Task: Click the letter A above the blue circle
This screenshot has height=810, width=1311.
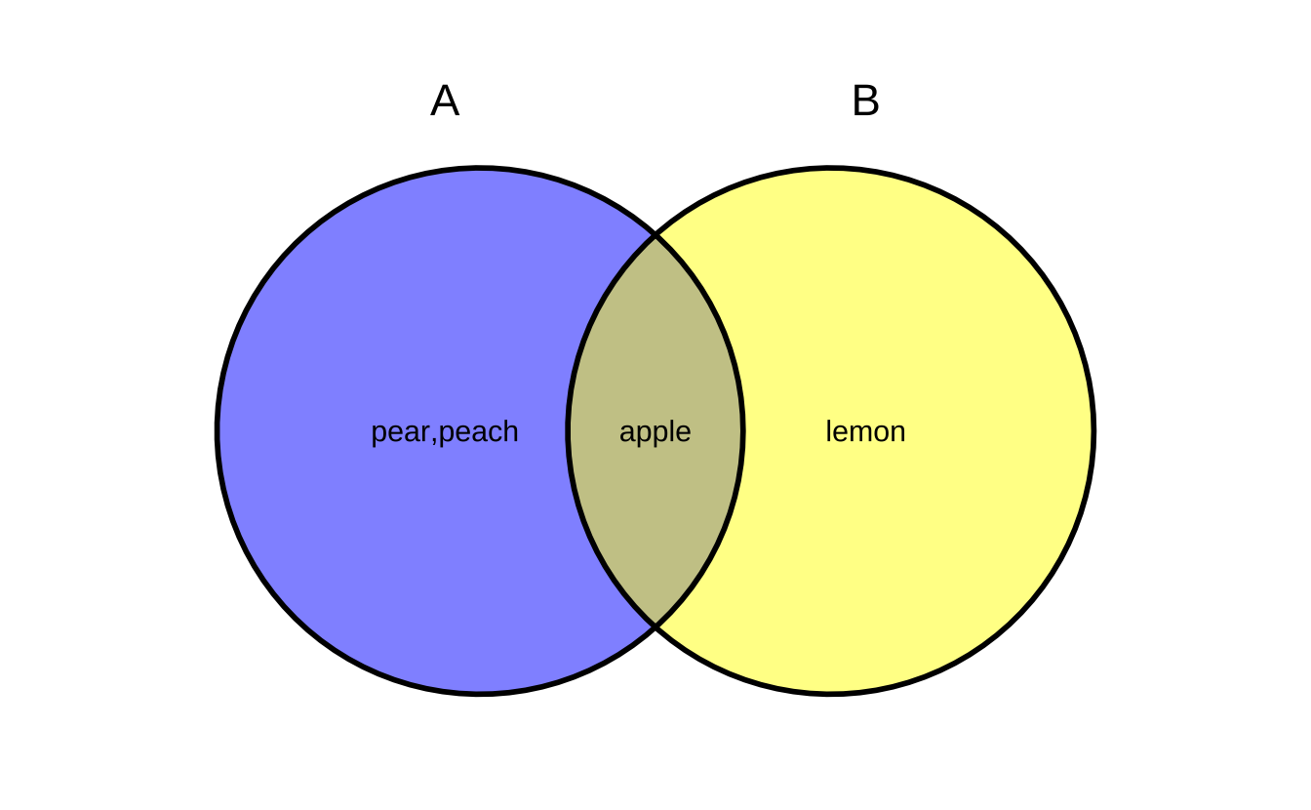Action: pyautogui.click(x=445, y=101)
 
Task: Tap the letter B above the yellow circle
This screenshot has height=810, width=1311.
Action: pyautogui.click(x=865, y=101)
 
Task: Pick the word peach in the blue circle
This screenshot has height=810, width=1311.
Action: pyautogui.click(x=478, y=432)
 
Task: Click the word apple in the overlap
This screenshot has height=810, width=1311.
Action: pyautogui.click(x=655, y=432)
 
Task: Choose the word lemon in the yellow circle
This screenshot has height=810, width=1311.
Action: pyautogui.click(x=865, y=431)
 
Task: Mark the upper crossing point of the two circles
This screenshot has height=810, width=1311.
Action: pyautogui.click(x=655, y=235)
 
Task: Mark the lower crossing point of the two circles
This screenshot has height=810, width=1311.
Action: pyautogui.click(x=655, y=627)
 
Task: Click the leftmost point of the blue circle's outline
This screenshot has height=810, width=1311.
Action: pyautogui.click(x=217, y=431)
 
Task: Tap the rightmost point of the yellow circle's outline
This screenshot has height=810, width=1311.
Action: pyautogui.click(x=1093, y=431)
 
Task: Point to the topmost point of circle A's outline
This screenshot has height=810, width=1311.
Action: pyautogui.click(x=480, y=168)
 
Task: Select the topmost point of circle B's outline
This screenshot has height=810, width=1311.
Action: pyautogui.click(x=830, y=168)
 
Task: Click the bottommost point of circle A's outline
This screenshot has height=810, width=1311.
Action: pyautogui.click(x=480, y=694)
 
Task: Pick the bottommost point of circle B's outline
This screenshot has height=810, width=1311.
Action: pyautogui.click(x=830, y=694)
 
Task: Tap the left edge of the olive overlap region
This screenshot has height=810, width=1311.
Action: pyautogui.click(x=568, y=431)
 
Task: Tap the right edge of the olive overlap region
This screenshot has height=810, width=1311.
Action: pyautogui.click(x=742, y=431)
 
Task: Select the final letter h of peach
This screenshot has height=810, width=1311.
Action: pyautogui.click(x=511, y=430)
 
